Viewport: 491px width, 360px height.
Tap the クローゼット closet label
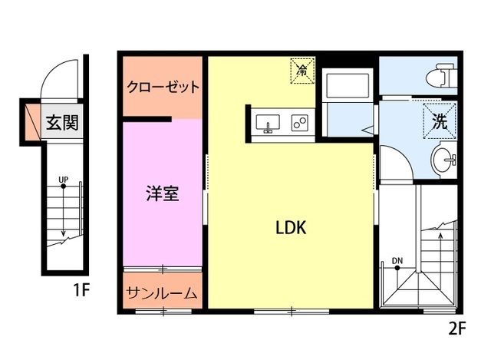pyautogui.click(x=163, y=87)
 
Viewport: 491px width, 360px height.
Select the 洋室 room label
pyautogui.click(x=163, y=193)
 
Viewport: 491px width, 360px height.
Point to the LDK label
pyautogui.click(x=291, y=227)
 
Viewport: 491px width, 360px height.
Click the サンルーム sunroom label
pyautogui.click(x=163, y=293)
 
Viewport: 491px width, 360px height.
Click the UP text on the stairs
pyautogui.click(x=63, y=180)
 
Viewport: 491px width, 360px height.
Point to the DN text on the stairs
pyautogui.click(x=397, y=261)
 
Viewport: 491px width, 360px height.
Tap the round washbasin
pyautogui.click(x=443, y=160)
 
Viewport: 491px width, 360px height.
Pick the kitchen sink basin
pyautogui.click(x=269, y=123)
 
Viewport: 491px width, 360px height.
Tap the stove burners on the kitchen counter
pyautogui.click(x=299, y=123)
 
